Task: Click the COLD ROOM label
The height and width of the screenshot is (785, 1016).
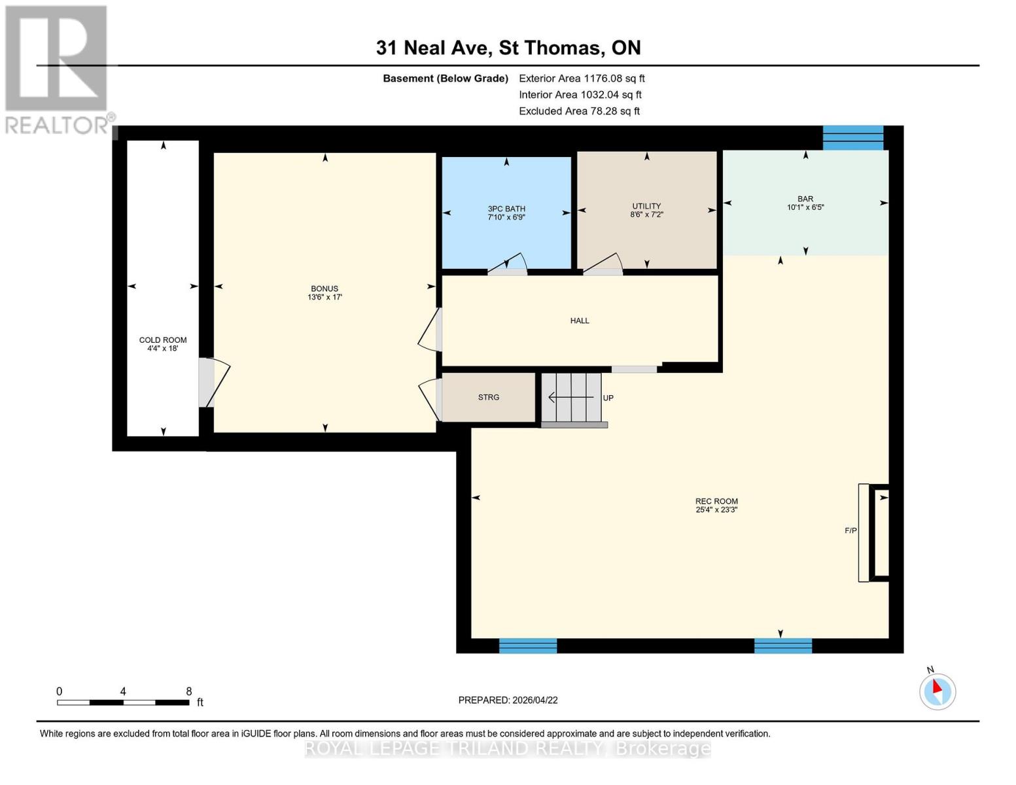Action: coord(163,340)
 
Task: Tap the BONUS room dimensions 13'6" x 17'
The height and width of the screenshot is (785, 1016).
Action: coord(324,298)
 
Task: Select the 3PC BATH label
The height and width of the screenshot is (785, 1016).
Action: coord(506,209)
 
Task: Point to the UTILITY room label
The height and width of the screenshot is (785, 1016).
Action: coord(646,206)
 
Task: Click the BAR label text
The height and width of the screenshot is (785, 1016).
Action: coord(805,199)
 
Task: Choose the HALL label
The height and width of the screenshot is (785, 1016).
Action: coord(580,321)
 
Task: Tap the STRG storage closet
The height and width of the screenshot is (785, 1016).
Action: coord(489,397)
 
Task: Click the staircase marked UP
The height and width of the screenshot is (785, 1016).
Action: coord(572,398)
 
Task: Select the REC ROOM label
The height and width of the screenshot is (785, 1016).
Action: coord(716,501)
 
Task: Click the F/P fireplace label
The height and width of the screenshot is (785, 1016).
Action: coord(850,531)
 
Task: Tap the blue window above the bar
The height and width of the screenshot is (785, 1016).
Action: coord(852,137)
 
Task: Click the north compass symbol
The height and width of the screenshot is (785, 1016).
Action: coord(937,691)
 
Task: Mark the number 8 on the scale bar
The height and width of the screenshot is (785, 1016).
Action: coord(189,691)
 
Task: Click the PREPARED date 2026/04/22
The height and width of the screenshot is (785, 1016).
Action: coord(508,700)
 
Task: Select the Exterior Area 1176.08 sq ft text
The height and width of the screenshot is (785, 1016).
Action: coord(582,78)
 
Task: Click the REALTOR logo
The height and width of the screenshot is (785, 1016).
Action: coord(58,69)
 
